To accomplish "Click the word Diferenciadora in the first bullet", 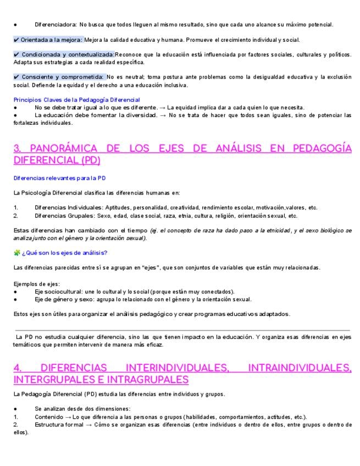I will (56, 25).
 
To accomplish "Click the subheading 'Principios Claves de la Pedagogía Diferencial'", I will (76, 100).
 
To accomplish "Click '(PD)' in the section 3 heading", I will (89, 161).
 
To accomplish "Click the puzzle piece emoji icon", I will (16, 253).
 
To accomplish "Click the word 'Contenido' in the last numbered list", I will (48, 417).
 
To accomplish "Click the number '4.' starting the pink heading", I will (18, 367).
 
